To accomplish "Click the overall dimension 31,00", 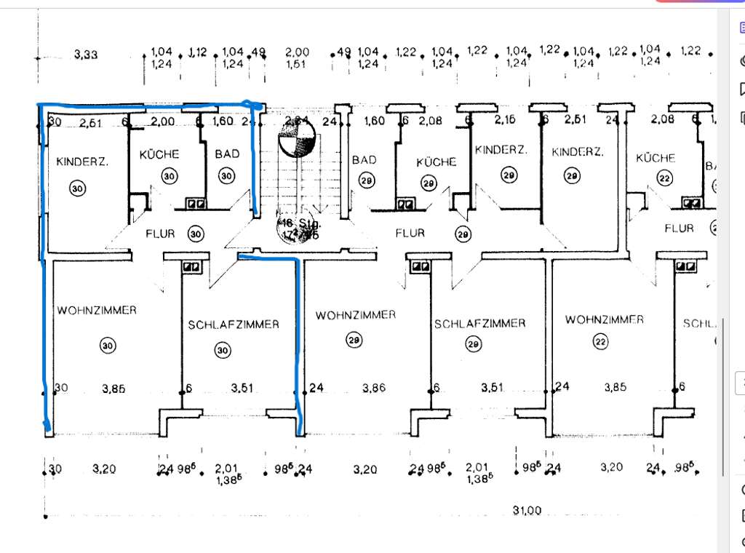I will [527, 511].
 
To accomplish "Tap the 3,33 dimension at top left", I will [86, 55].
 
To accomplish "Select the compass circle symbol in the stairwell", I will [297, 138].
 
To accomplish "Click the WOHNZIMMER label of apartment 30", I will [97, 310].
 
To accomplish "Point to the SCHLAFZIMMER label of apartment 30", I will [233, 325].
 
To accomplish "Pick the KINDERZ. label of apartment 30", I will [82, 162].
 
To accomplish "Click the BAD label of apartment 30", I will [227, 154].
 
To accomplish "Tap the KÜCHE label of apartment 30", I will [159, 154].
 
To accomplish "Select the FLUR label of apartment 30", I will [160, 234].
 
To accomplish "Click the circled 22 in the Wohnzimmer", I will [600, 342].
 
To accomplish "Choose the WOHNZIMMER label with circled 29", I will [356, 315].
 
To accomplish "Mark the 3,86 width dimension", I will [373, 389].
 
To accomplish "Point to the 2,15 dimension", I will [505, 119].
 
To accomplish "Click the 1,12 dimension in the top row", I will [198, 52].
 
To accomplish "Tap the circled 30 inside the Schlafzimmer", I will [222, 350].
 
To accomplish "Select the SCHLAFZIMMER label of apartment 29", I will [479, 323].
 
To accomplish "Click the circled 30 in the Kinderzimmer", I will [76, 188].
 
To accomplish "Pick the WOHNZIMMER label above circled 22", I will [605, 319].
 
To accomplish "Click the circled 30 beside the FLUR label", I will [196, 234].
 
